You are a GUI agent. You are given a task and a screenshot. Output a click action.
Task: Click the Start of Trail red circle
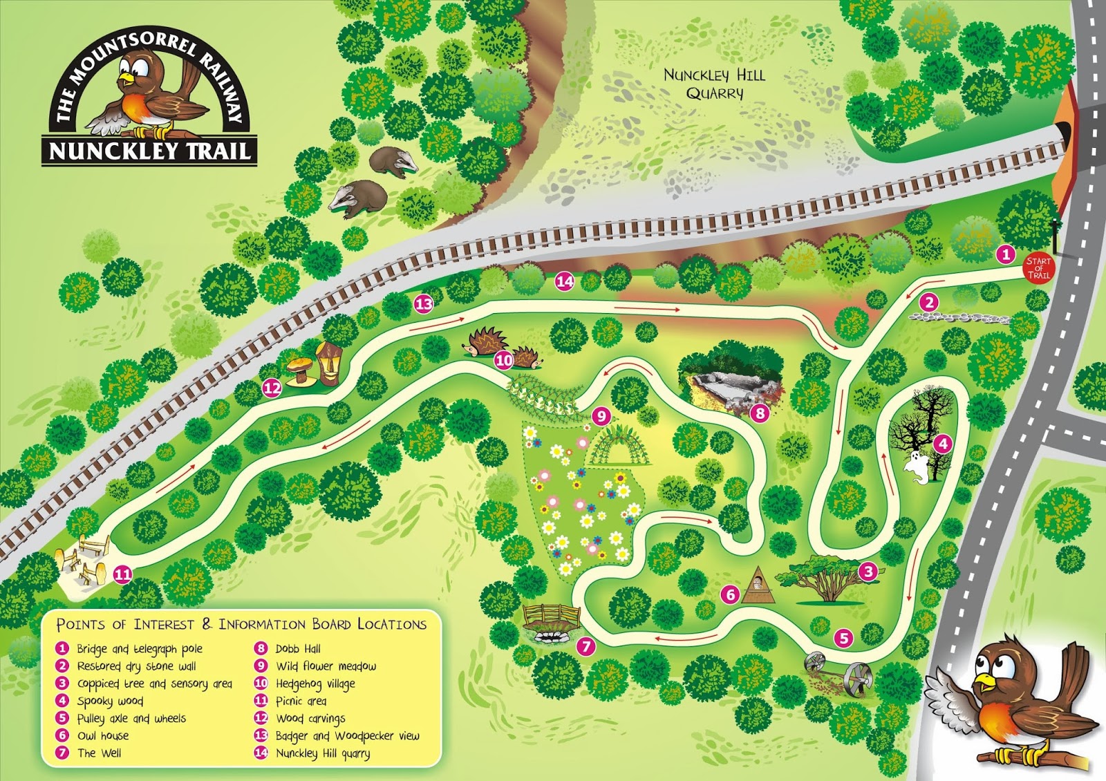pos(1038,267)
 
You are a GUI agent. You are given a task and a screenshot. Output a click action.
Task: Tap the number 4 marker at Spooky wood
pos(942,443)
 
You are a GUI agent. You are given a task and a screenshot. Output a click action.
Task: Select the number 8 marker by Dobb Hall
pos(760,413)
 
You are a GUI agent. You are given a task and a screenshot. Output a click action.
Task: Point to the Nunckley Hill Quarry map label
pos(714,84)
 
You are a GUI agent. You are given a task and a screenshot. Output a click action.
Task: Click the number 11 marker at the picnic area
pos(122,574)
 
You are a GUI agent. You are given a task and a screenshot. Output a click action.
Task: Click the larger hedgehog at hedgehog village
pos(487,342)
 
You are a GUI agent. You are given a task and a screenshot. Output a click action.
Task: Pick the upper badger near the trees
pos(393,162)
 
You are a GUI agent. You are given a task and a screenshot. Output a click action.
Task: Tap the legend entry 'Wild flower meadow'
pos(326,666)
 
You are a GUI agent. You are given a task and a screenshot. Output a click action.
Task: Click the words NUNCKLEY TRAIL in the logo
pos(149,151)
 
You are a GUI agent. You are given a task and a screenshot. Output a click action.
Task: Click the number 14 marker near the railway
pos(565,281)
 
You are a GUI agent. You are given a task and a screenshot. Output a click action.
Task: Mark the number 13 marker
pos(423,303)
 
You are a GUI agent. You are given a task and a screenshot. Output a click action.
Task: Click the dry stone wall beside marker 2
pos(959,318)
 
